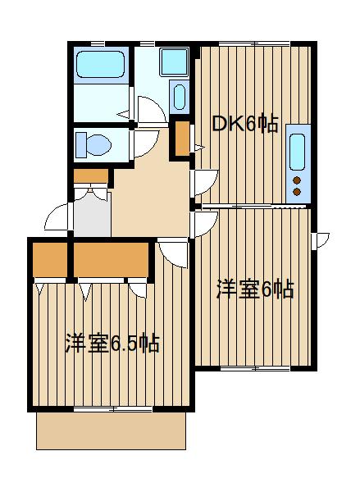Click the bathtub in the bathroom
pyautogui.click(x=99, y=66)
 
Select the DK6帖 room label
pyautogui.click(x=245, y=124)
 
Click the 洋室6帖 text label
pyautogui.click(x=255, y=289)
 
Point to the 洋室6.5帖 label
pyautogui.click(x=112, y=343)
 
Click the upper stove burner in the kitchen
pyautogui.click(x=296, y=180)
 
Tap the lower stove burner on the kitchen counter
pyautogui.click(x=296, y=192)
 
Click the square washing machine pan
pyautogui.click(x=173, y=61)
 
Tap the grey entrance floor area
pyautogui.click(x=91, y=216)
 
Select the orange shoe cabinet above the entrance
pyautogui.click(x=91, y=175)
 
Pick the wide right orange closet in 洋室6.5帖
pyautogui.click(x=113, y=260)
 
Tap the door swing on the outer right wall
pyautogui.click(x=321, y=239)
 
